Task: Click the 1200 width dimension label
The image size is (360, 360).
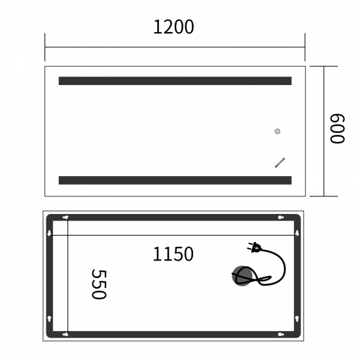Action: tap(173, 27)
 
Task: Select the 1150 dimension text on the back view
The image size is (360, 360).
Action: tap(173, 254)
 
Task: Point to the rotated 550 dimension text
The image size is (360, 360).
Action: tap(98, 284)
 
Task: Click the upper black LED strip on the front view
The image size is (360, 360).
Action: tap(175, 81)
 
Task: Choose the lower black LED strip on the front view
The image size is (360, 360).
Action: tap(175, 180)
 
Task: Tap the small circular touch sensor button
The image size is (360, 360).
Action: tap(278, 132)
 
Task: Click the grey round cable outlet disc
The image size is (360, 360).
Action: tap(242, 276)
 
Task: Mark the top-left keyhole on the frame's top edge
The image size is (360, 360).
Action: tap(65, 217)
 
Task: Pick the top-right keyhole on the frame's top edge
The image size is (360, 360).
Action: tap(279, 217)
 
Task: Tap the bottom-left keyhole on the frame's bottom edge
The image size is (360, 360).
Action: tap(65, 334)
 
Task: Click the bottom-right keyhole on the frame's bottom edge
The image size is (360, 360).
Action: tap(279, 334)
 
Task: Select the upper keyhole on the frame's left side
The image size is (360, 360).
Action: tap(50, 233)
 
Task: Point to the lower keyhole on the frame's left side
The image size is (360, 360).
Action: tap(50, 319)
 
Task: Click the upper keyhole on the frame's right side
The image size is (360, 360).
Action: tap(297, 233)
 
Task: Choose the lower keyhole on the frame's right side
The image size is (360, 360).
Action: tap(297, 319)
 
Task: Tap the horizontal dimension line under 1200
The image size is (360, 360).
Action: tap(175, 47)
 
